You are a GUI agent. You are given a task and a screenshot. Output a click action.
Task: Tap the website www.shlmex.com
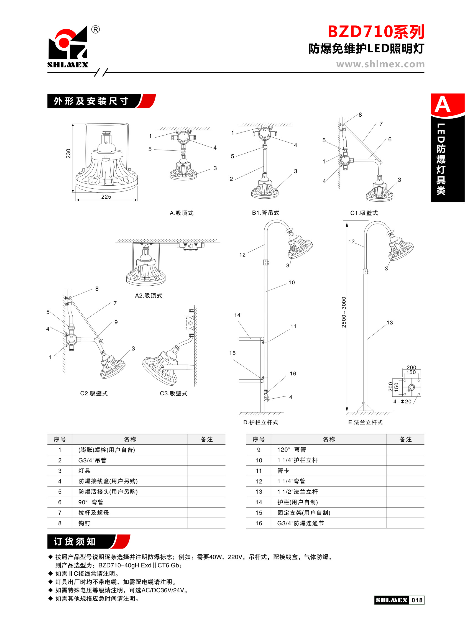380,64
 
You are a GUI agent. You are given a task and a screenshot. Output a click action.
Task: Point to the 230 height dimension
68,153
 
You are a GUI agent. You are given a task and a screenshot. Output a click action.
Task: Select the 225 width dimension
106,197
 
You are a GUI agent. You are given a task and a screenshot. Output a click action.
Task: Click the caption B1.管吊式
265,213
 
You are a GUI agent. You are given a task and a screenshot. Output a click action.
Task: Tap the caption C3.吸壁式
173,393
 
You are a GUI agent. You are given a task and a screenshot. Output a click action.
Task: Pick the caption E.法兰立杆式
365,422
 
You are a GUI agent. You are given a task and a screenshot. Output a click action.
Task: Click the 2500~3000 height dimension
344,312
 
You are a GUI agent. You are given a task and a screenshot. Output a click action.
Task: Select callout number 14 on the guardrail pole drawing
237,315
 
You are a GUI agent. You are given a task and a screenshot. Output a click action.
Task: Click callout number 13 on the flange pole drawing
390,322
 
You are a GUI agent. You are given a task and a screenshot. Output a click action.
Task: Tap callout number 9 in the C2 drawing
116,322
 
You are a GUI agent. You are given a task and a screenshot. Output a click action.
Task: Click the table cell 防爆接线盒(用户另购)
108,481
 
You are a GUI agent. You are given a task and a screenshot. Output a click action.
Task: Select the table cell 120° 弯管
291,450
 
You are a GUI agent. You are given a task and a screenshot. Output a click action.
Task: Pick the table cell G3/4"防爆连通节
300,523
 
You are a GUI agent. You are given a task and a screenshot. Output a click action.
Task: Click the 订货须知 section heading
75,542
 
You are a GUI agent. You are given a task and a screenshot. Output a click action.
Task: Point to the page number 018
417,600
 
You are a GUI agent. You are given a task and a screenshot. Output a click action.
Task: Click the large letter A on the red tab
443,105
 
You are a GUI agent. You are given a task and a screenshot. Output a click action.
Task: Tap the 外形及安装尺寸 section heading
91,101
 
